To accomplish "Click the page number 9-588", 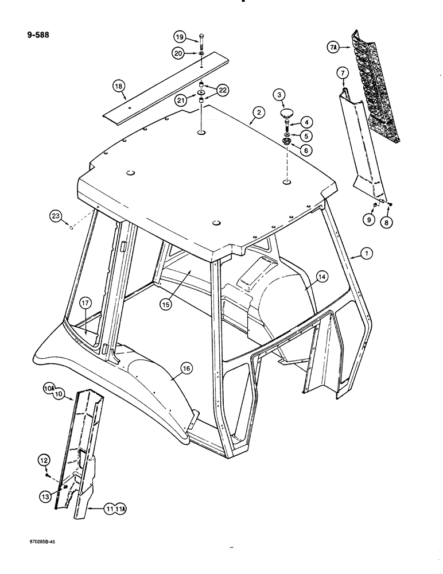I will tap(34, 34).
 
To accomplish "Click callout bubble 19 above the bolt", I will tap(180, 38).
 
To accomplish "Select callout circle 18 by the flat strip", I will tap(119, 87).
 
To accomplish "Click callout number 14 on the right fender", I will tap(322, 277).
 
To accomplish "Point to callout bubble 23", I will tap(55, 216).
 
